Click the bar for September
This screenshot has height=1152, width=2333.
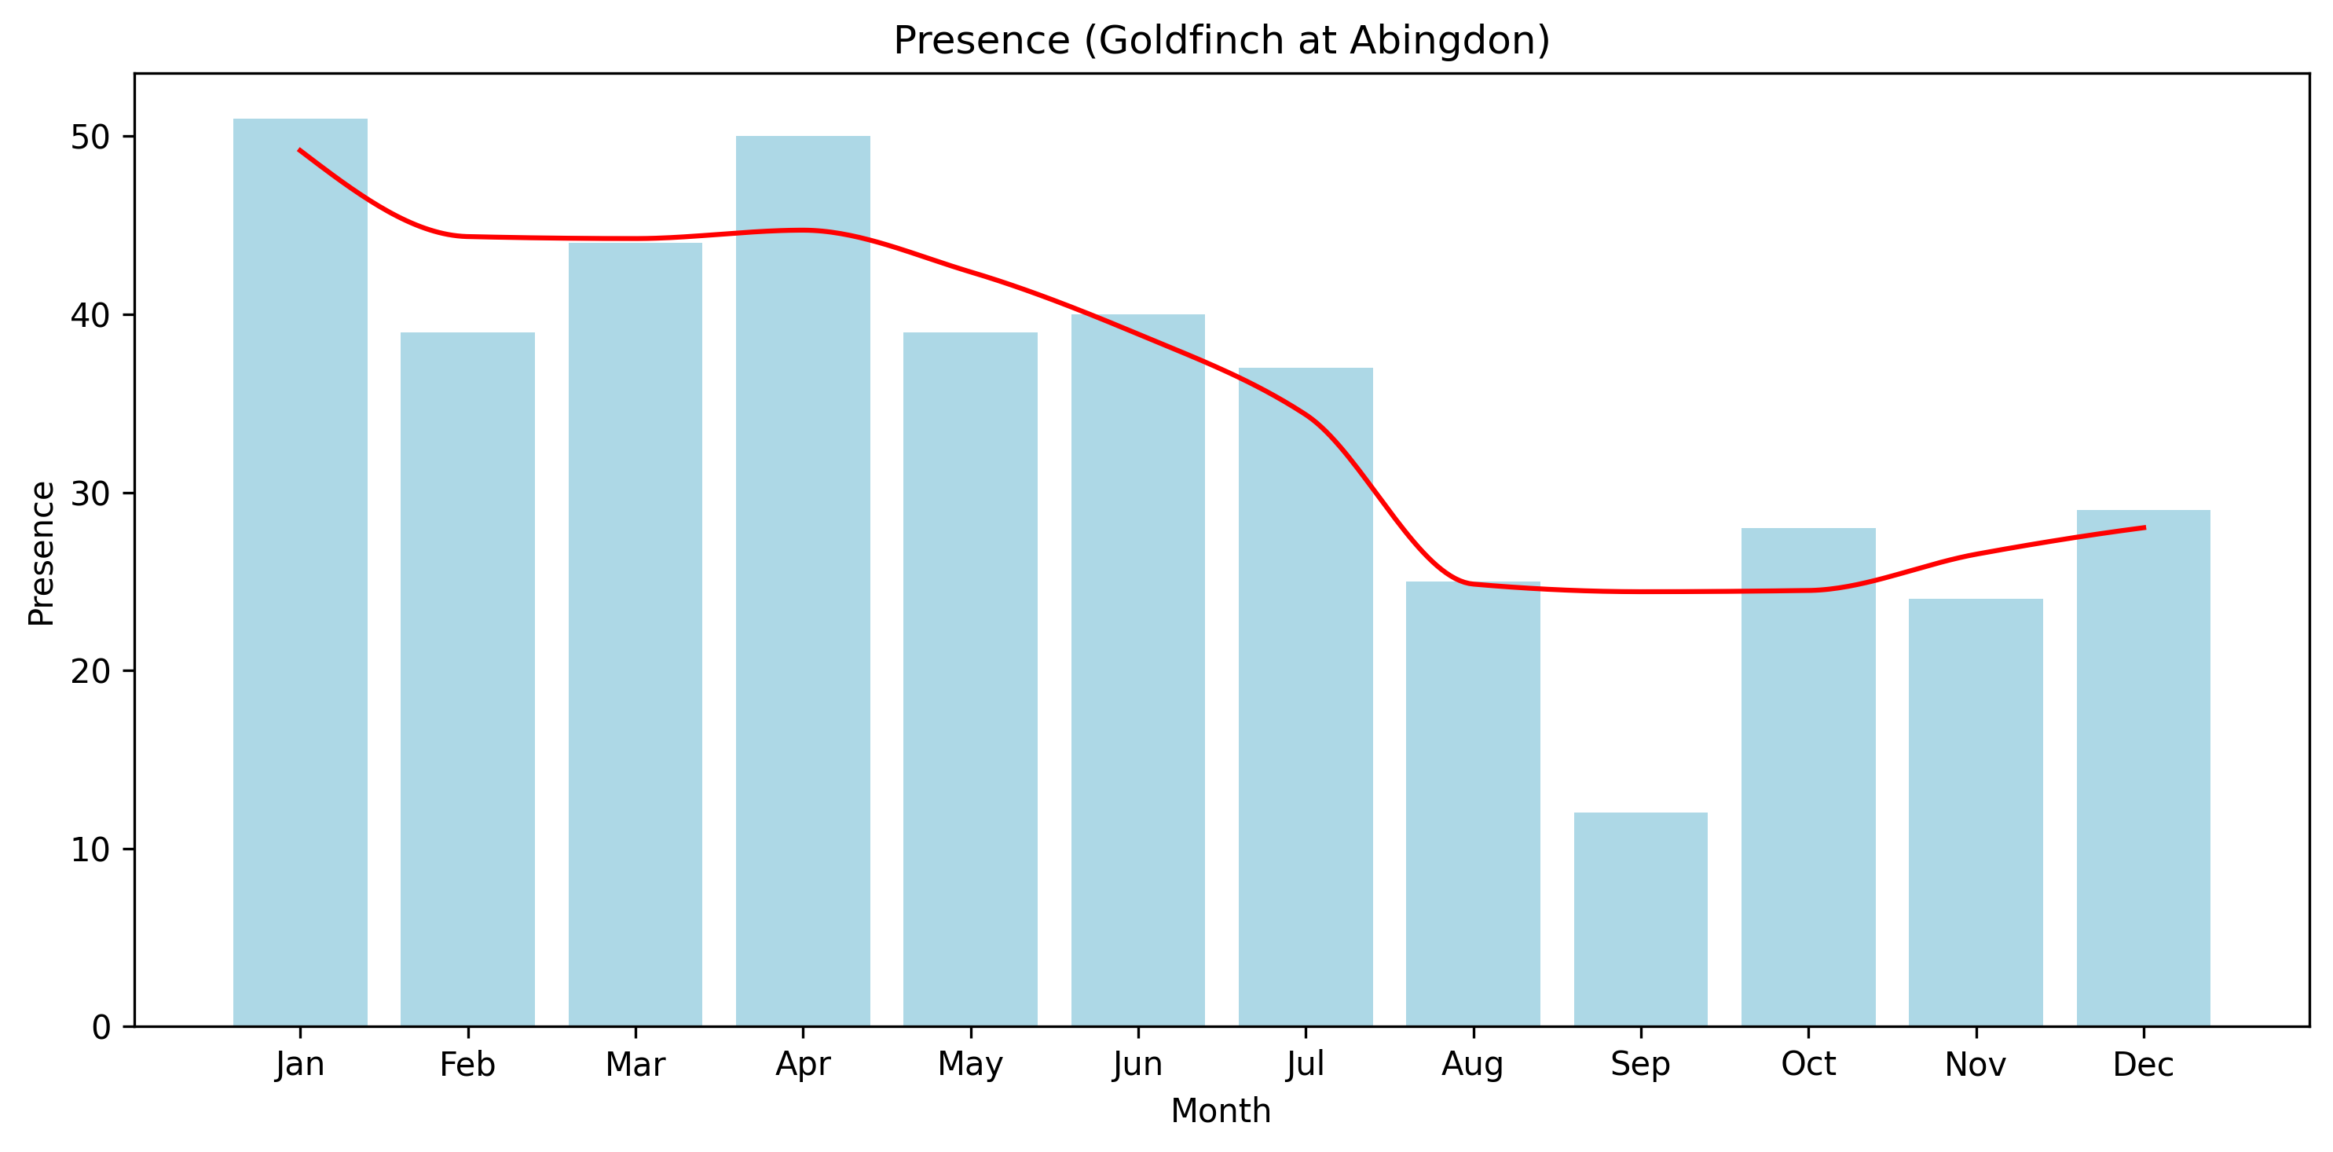pos(1640,919)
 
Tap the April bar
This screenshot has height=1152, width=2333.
pos(803,581)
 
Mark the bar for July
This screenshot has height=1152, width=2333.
pos(1305,696)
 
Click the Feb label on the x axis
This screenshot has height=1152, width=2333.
pos(467,1064)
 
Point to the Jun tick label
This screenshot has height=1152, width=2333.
pos(1137,1064)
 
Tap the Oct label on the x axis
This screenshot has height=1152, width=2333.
pos(1807,1064)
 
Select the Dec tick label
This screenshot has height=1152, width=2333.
pos(2143,1064)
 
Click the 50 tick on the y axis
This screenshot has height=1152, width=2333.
pos(90,137)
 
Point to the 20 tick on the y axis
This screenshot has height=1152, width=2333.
pos(90,671)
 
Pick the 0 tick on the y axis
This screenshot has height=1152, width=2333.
pos(101,1027)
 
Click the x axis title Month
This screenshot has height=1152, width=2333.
pos(1220,1111)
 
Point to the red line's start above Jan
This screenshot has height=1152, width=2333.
pos(300,150)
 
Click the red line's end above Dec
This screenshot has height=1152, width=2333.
pos(2144,527)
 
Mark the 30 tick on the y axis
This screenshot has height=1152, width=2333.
pos(90,493)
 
